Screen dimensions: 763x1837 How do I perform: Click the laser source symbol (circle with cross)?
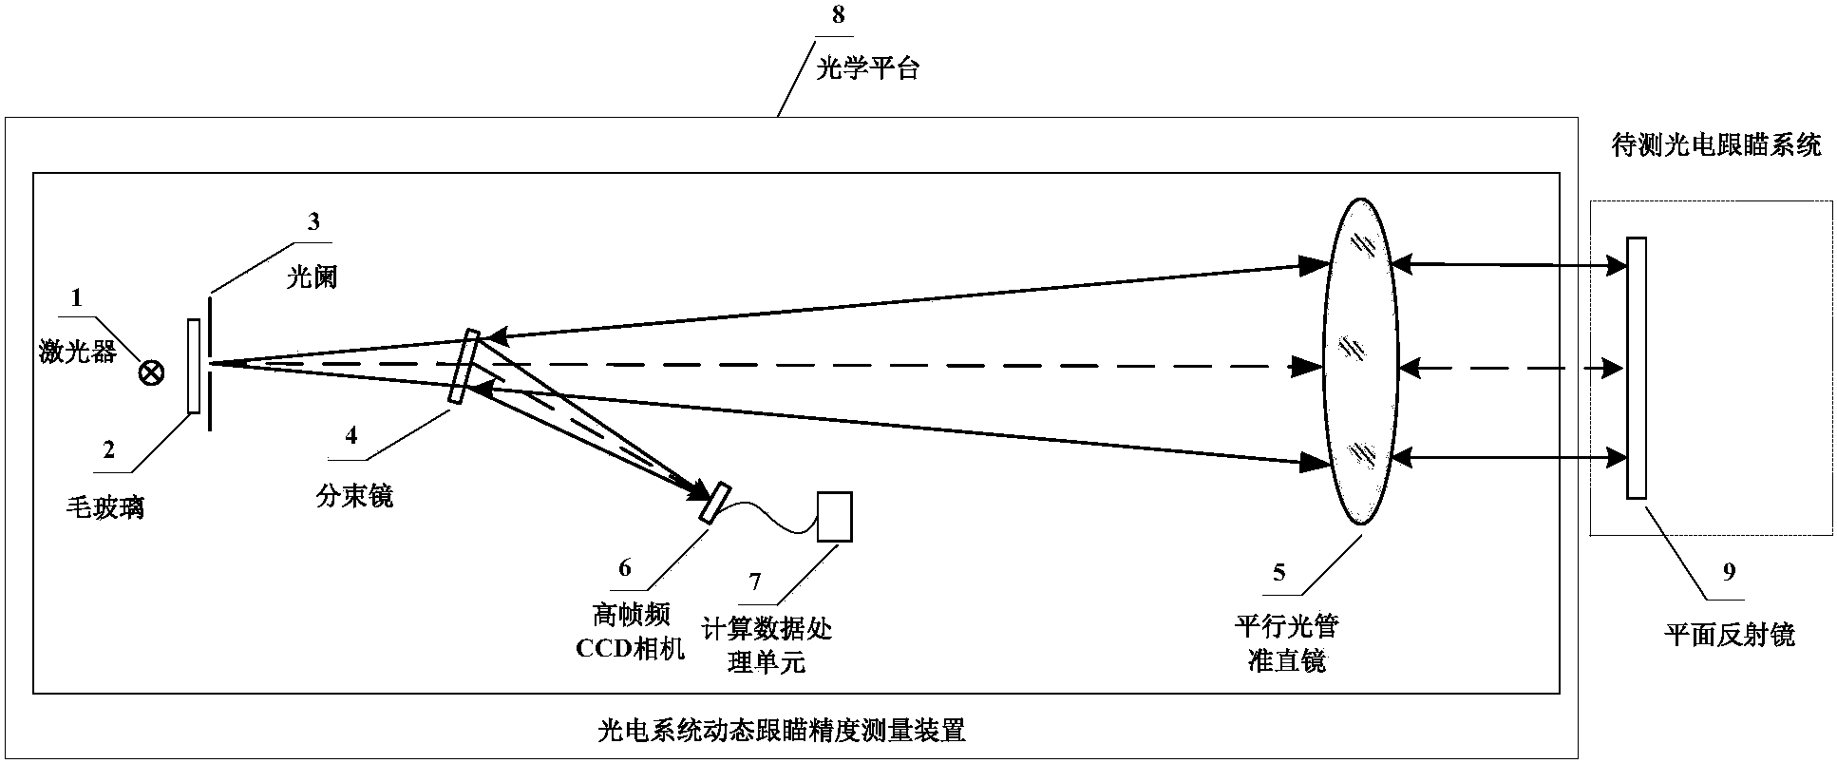[150, 373]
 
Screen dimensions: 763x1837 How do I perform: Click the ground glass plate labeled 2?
[194, 367]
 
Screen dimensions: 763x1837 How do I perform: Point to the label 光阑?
[312, 278]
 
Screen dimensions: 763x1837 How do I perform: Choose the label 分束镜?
[354, 494]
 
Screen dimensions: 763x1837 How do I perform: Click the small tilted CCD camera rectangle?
[715, 504]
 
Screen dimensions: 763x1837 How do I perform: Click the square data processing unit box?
[835, 517]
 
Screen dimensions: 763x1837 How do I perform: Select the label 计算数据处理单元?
[767, 644]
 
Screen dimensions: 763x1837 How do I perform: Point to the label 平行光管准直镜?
[1286, 643]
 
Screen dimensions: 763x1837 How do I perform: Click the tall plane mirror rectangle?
[1636, 367]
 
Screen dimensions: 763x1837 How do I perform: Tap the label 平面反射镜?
[1730, 634]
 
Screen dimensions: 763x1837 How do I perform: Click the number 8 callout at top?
[837, 15]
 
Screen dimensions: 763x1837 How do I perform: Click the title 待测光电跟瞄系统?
[1716, 145]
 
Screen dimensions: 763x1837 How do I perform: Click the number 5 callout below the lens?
[1278, 571]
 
